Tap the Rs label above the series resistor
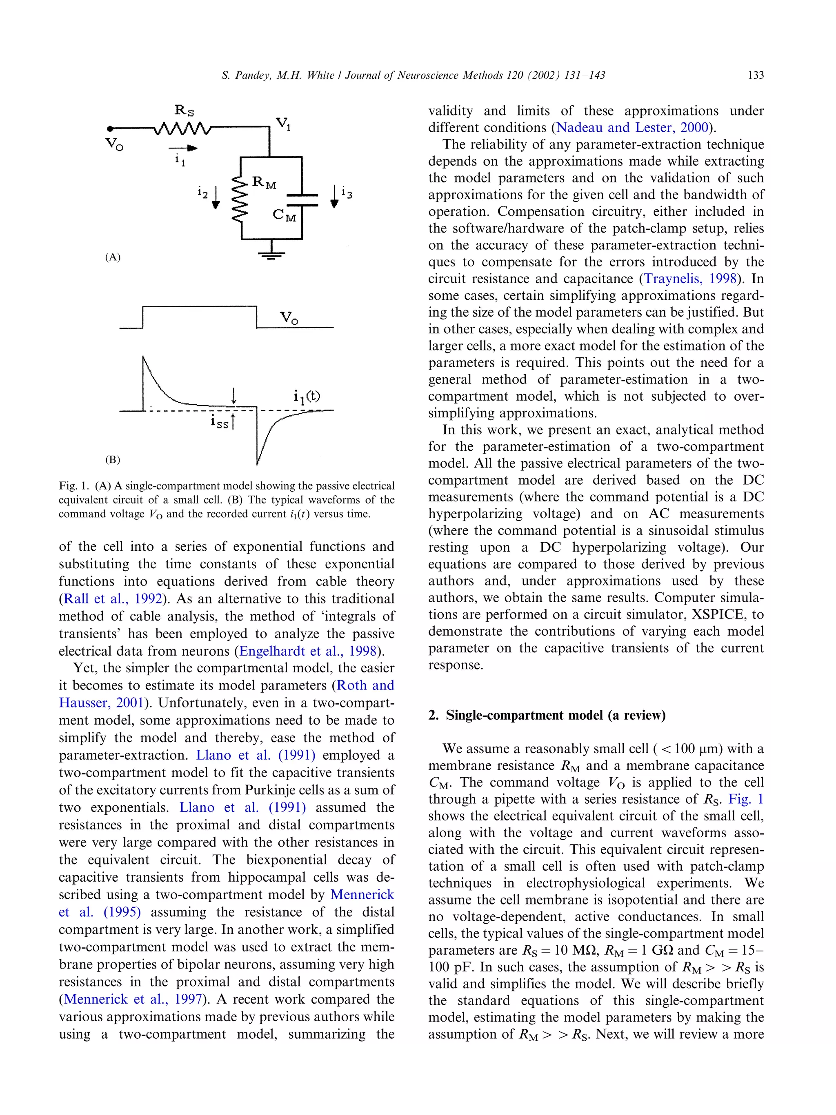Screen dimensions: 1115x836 [184, 110]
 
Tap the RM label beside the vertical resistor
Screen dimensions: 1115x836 [264, 182]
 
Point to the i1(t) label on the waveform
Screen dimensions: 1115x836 [307, 397]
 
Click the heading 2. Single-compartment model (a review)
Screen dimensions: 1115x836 [547, 715]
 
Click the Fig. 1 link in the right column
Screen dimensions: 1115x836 [746, 799]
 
